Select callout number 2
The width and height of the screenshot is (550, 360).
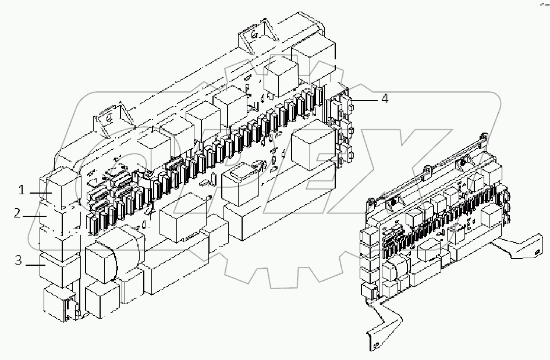point(18,213)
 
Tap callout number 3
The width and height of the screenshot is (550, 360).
point(19,260)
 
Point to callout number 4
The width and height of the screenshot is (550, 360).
point(384,99)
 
